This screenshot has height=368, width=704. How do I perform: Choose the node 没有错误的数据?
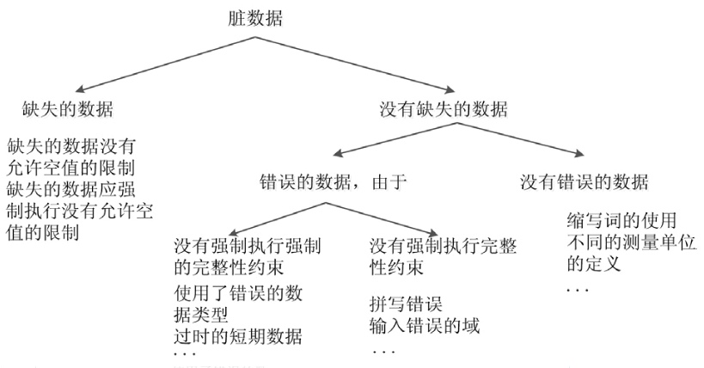(585, 182)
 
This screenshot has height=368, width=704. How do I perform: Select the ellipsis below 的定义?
(578, 290)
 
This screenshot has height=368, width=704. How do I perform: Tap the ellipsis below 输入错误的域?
(381, 351)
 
